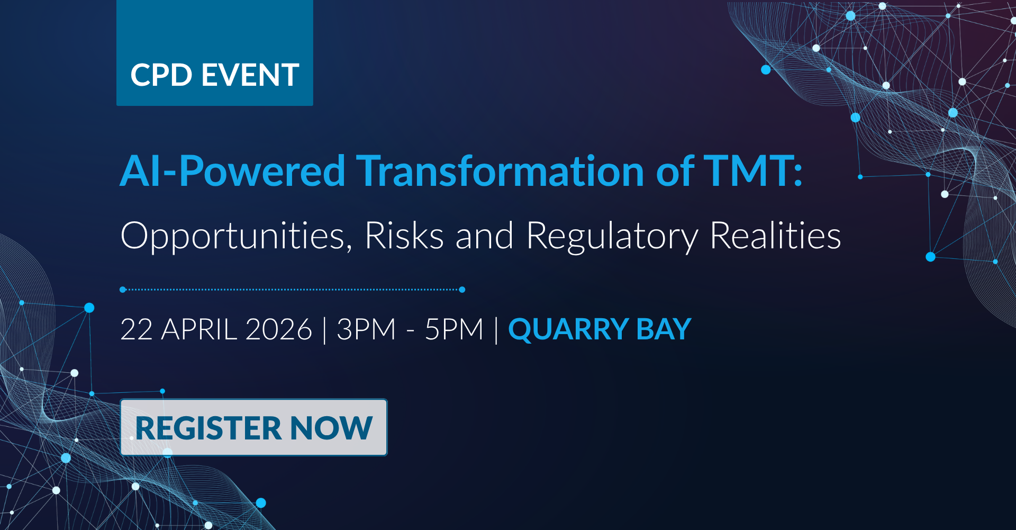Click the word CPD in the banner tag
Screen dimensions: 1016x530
tap(161, 75)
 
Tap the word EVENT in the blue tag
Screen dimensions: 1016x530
tap(250, 75)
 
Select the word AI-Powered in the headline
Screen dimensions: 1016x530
tap(233, 172)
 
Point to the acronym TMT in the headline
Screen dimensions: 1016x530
tap(748, 171)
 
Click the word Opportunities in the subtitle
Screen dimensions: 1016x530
tap(236, 236)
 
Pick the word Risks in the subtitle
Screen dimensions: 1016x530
tap(404, 235)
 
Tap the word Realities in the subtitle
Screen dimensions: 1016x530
tap(775, 235)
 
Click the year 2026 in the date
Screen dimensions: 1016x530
tap(279, 329)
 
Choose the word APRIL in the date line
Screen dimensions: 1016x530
tap(199, 329)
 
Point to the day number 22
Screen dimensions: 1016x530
tap(137, 329)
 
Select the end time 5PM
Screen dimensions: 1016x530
tap(454, 329)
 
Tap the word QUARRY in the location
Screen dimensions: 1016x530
tap(568, 329)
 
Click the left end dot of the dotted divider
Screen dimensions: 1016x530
tap(123, 290)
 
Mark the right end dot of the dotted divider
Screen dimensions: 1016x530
tap(462, 290)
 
